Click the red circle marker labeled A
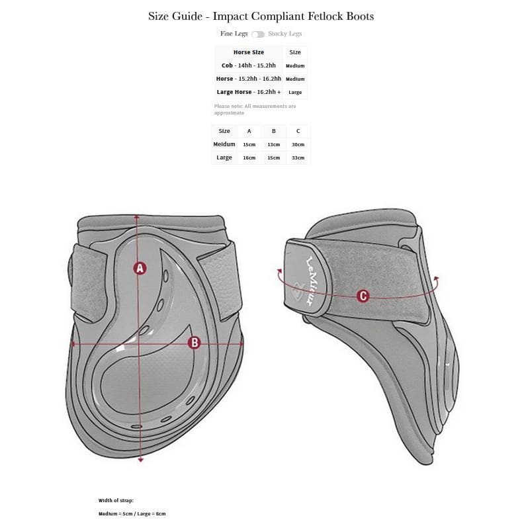coord(140,268)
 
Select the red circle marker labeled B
coord(195,342)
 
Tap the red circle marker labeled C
coord(363,296)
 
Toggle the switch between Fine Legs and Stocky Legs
coord(258,34)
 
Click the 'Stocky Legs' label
coord(285,34)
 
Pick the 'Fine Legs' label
coord(234,34)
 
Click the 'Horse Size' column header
coord(248,52)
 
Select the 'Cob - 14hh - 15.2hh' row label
coord(248,66)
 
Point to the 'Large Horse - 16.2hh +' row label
coord(248,92)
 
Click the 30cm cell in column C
coord(298,144)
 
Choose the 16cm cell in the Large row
coord(249,157)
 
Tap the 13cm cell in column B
coord(273,144)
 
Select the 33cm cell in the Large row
coord(298,157)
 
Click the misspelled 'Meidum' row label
coord(224,144)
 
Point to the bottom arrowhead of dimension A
coord(140,459)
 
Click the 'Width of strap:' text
coord(116,501)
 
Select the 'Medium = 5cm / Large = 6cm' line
coord(132,513)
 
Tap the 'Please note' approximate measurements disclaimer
coord(255,109)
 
